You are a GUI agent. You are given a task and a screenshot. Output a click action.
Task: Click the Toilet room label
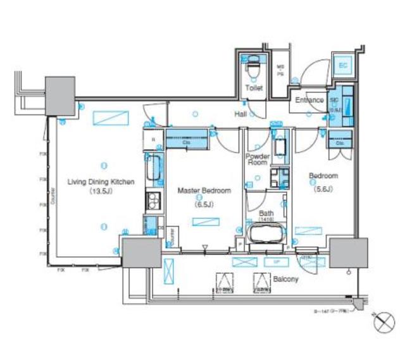[254, 89]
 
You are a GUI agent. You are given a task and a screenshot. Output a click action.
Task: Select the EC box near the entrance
[342, 66]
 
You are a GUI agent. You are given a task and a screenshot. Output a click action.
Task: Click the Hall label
[240, 115]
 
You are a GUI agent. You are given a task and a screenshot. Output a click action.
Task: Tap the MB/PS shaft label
[281, 71]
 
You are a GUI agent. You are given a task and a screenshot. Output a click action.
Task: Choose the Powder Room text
[258, 159]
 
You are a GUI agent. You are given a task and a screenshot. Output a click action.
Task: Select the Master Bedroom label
[204, 190]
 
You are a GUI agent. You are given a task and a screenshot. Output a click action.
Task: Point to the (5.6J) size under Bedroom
[323, 189]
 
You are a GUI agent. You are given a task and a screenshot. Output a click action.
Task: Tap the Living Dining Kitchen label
[101, 182]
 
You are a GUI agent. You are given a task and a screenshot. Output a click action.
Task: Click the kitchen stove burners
[153, 202]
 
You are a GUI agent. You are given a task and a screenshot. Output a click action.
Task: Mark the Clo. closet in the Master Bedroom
[187, 138]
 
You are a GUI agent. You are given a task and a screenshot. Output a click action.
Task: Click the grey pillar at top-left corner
[59, 96]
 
